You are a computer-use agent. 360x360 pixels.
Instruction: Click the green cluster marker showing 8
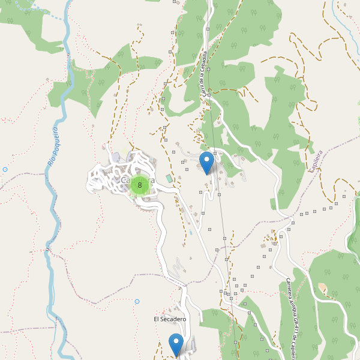click(140, 185)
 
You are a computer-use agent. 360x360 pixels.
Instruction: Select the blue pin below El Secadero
click(176, 344)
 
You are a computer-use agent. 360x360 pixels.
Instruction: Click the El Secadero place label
click(169, 319)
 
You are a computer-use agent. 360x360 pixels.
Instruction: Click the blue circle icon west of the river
click(5, 170)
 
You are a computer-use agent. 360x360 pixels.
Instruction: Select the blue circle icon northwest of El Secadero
click(137, 301)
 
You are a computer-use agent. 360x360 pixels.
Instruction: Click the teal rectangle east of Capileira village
click(169, 179)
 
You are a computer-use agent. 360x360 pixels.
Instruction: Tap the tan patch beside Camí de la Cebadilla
click(181, 71)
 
